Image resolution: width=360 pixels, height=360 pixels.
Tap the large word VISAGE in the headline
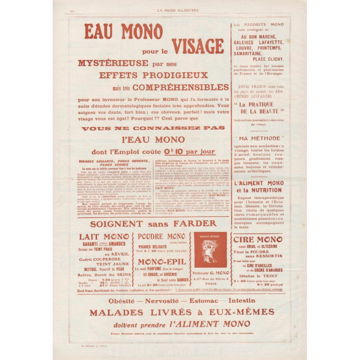[198, 46]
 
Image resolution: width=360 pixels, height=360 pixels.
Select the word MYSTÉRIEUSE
[107, 63]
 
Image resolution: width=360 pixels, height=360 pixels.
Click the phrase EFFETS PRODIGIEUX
[153, 75]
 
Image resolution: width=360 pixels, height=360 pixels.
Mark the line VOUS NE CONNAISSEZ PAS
[153, 128]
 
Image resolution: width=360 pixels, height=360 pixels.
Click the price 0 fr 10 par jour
[191, 152]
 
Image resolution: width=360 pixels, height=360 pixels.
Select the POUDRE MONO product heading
[161, 236]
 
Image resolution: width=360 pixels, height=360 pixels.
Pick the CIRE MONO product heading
[258, 239]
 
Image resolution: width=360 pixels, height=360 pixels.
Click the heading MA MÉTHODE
[259, 138]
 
